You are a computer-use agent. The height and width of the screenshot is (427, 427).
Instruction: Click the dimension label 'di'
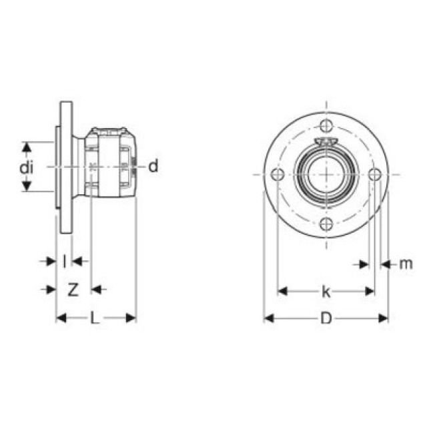point(26,167)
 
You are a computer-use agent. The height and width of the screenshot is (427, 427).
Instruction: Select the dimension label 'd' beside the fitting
point(153,166)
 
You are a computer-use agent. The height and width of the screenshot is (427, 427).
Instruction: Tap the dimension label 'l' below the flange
point(64,261)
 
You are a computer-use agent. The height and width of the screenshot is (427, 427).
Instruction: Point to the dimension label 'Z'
point(73,290)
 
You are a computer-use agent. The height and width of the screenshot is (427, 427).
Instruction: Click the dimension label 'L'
point(95,319)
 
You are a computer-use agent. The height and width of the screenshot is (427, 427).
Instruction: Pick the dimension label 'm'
point(406,264)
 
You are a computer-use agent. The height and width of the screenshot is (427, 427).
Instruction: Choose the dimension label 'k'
point(326,292)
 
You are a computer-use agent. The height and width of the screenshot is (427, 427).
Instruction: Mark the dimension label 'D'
point(326,319)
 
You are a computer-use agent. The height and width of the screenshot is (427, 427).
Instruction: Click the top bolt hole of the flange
point(326,126)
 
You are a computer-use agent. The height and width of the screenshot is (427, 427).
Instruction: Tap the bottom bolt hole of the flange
point(326,224)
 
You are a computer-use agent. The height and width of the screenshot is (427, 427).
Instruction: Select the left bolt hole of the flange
point(279,175)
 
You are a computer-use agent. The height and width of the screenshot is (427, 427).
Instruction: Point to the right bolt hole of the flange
point(375,175)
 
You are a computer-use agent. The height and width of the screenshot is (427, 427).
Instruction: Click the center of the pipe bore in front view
point(326,175)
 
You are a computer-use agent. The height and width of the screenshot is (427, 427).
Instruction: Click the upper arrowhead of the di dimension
point(27,145)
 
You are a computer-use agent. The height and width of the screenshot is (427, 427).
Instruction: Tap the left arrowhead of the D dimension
point(268,318)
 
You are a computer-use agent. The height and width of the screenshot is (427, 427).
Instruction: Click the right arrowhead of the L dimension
point(132,318)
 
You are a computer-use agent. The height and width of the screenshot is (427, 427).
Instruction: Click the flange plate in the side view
point(65,167)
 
